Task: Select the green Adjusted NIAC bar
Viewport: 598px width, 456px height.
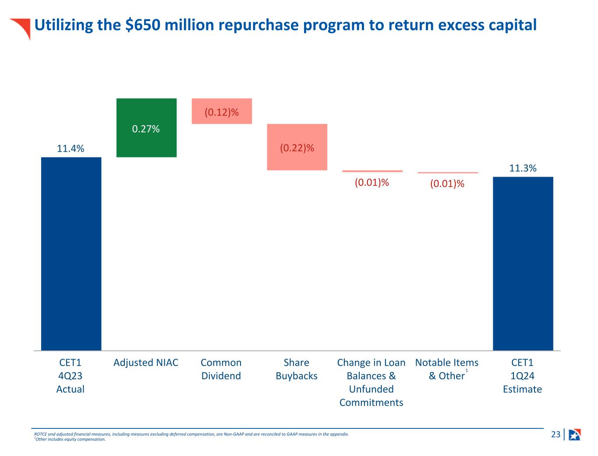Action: pos(146,128)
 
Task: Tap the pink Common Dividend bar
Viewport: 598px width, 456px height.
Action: pos(222,111)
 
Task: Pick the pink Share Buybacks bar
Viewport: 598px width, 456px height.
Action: pos(297,147)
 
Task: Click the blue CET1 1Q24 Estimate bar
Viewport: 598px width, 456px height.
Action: pos(523,263)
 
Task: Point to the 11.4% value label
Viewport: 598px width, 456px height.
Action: pos(71,149)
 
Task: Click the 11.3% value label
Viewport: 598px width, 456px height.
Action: pos(523,168)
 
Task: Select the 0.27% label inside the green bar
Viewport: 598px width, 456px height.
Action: pos(146,129)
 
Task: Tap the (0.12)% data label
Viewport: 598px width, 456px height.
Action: pos(222,112)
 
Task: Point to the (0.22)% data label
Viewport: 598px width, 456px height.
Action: pos(297,148)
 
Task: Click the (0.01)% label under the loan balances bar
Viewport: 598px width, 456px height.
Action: pos(372,182)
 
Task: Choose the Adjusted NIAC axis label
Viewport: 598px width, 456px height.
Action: pos(146,363)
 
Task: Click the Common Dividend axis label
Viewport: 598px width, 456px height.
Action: pos(221,369)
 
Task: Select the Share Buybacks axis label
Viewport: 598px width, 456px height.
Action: pos(297,369)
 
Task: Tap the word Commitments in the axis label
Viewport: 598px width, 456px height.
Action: pos(371,403)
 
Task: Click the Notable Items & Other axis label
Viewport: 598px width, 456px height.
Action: pos(446,369)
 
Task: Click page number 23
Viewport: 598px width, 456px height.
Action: pos(556,435)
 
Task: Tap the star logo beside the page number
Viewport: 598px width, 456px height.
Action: pos(575,435)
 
